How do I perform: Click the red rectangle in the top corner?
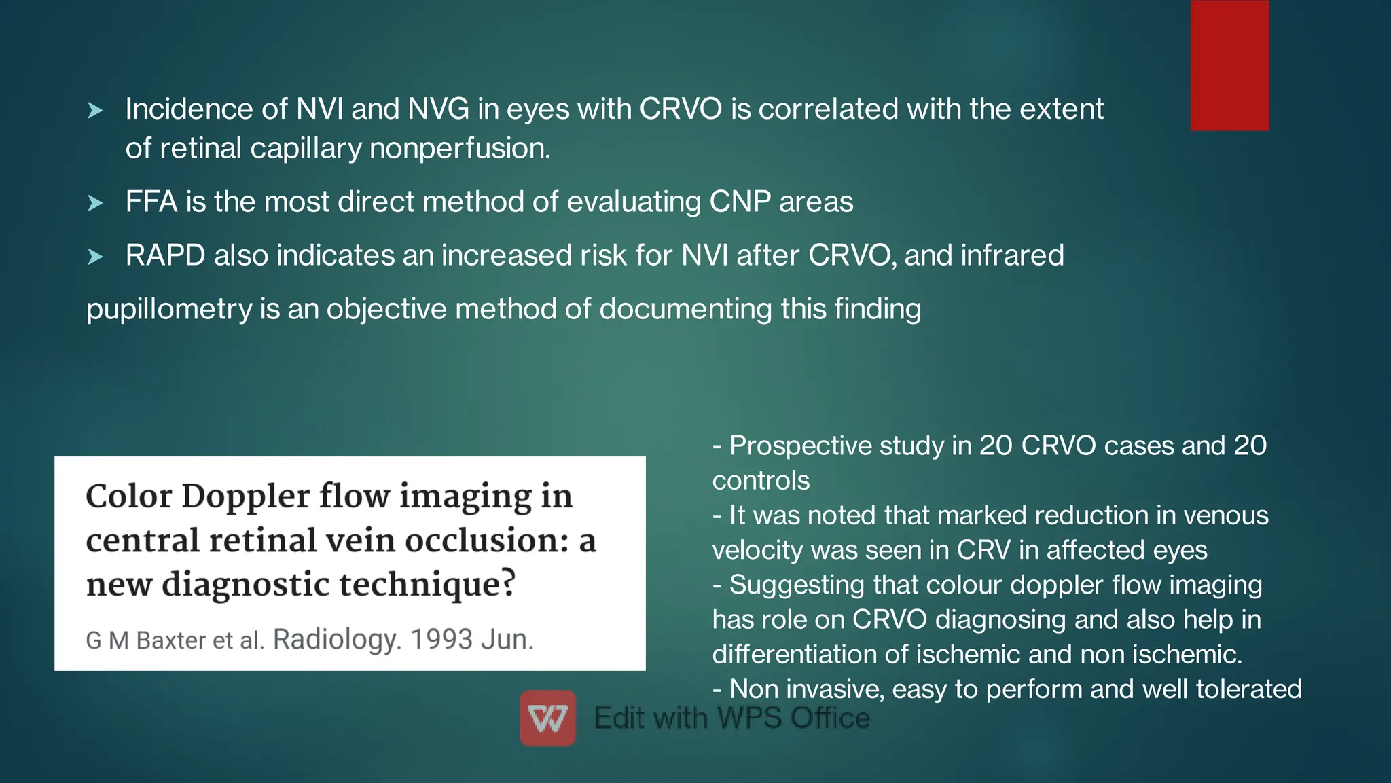click(x=1229, y=65)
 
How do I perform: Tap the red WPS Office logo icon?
click(x=548, y=718)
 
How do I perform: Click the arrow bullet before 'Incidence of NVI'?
click(x=96, y=110)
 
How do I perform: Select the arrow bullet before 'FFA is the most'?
click(x=96, y=203)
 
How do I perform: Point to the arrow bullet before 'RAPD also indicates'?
click(x=96, y=257)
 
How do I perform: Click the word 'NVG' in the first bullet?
click(x=438, y=109)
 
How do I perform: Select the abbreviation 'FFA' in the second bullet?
click(x=151, y=202)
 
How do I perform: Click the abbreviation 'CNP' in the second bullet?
click(x=740, y=202)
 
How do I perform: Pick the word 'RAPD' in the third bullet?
click(x=165, y=256)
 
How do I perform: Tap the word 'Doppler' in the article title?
click(x=245, y=496)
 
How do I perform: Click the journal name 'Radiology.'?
click(x=337, y=640)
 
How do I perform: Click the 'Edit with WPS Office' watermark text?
click(x=731, y=718)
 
